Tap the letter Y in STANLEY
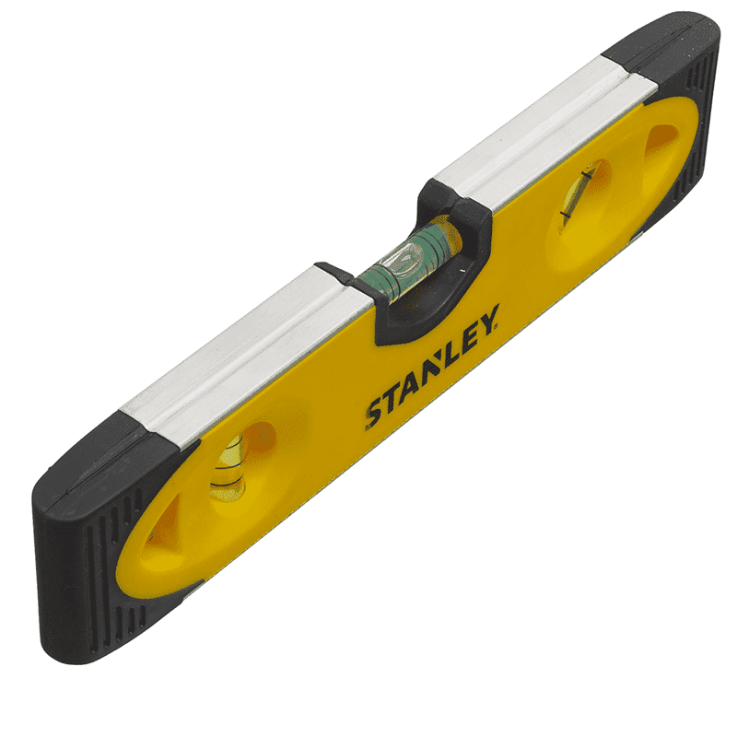coord(488,319)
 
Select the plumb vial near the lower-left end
coord(228,468)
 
